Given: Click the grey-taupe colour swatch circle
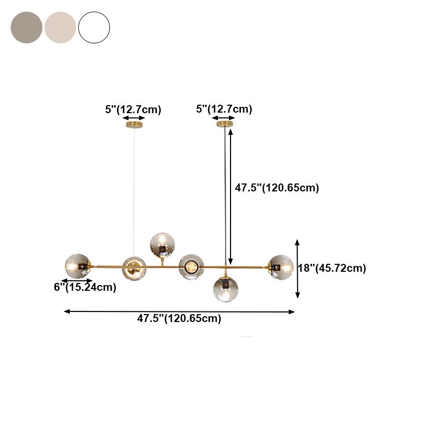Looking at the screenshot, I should coord(26,27).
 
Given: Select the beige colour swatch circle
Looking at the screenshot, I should coord(60,27).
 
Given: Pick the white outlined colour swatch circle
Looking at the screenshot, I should coord(94,27).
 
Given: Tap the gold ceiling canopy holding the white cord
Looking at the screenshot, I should coord(134,125).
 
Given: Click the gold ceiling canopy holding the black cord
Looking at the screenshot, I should coord(225,124).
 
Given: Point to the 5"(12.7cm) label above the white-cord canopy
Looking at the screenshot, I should coord(133,110).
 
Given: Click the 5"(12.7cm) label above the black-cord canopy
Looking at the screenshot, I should coord(224,109).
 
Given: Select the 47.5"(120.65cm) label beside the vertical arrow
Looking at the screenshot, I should coord(277,188).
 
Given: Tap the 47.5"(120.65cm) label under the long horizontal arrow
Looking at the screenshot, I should coord(179,318).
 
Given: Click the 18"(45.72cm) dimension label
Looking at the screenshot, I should coord(332,268).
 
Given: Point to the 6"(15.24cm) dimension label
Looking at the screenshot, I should coord(85,288).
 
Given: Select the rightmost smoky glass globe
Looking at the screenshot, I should coord(280,267).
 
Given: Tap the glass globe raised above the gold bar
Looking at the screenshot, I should coord(163,245).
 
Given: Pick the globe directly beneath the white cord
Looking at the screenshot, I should coord(134,268).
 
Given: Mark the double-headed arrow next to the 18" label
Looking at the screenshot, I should coord(298,269).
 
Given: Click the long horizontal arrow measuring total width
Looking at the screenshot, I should coord(179,311).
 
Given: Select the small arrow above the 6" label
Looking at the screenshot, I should coord(77,281).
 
